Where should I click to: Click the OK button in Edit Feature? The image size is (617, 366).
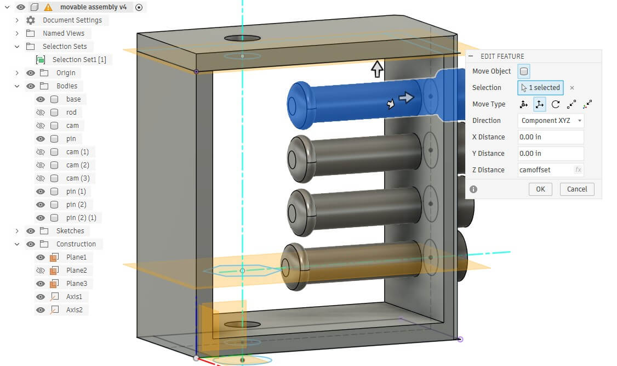pyautogui.click(x=540, y=189)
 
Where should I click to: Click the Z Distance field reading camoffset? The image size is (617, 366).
pyautogui.click(x=545, y=170)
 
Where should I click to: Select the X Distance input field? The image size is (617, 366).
pyautogui.click(x=550, y=137)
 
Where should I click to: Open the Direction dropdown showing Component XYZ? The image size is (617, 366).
pyautogui.click(x=550, y=121)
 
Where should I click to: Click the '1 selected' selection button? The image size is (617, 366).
pyautogui.click(x=540, y=88)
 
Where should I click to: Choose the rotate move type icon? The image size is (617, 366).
pyautogui.click(x=556, y=104)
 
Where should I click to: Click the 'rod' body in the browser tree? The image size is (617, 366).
pyautogui.click(x=71, y=112)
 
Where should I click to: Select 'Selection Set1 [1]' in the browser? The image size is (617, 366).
pyautogui.click(x=79, y=60)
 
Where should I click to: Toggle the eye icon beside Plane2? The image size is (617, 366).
pyautogui.click(x=41, y=271)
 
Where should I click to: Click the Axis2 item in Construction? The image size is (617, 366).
pyautogui.click(x=74, y=310)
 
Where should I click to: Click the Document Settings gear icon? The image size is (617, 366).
pyautogui.click(x=31, y=20)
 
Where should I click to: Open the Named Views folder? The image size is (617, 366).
pyautogui.click(x=64, y=33)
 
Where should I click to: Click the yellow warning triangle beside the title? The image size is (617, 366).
pyautogui.click(x=48, y=7)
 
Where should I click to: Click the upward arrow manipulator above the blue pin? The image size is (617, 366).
pyautogui.click(x=377, y=69)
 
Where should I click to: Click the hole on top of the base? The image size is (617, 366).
pyautogui.click(x=242, y=38)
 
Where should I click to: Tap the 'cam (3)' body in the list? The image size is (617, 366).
pyautogui.click(x=78, y=178)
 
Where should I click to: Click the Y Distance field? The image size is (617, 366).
pyautogui.click(x=550, y=154)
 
